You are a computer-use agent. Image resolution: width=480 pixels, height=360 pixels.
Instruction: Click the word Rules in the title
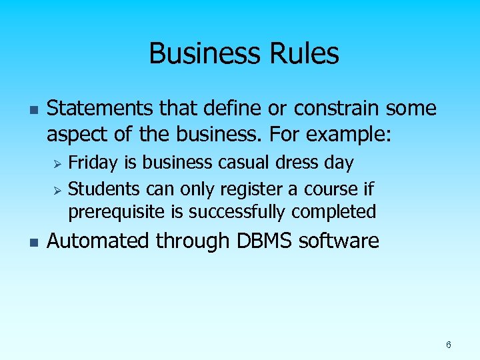click(303, 53)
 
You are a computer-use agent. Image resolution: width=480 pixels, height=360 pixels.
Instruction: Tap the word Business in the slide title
click(205, 53)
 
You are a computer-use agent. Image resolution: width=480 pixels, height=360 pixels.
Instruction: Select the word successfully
click(241, 212)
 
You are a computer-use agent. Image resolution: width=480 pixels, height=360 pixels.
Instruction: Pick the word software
click(339, 241)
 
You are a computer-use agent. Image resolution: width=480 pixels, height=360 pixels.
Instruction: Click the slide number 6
click(449, 345)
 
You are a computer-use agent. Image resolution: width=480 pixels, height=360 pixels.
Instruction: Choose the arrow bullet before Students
click(57, 190)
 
